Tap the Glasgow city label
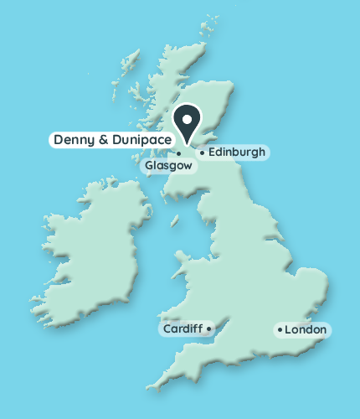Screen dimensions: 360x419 point(169,166)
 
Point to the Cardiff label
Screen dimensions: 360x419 point(183,328)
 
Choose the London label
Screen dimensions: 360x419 point(306,330)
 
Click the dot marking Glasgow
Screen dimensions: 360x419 point(178,153)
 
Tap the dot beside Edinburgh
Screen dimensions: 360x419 point(202,153)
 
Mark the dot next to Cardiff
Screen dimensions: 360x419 point(208,328)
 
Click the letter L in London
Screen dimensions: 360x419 point(288,330)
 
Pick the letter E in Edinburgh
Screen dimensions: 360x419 point(211,153)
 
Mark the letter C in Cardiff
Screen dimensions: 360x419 point(166,328)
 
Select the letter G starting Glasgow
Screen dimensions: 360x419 point(150,166)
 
